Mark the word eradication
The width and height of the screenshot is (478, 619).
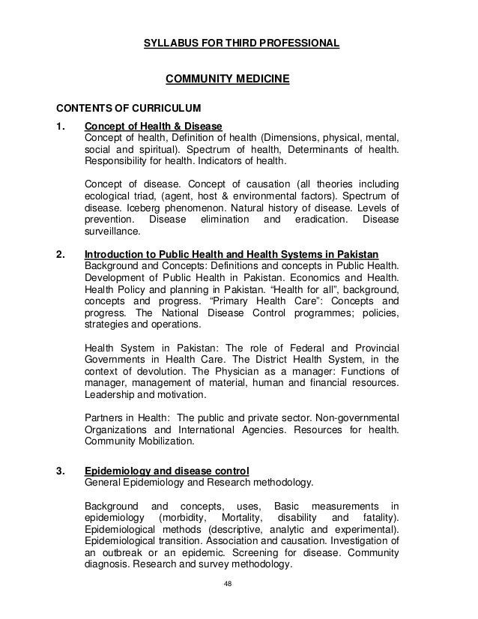309,220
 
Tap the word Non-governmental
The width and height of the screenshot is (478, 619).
357,417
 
